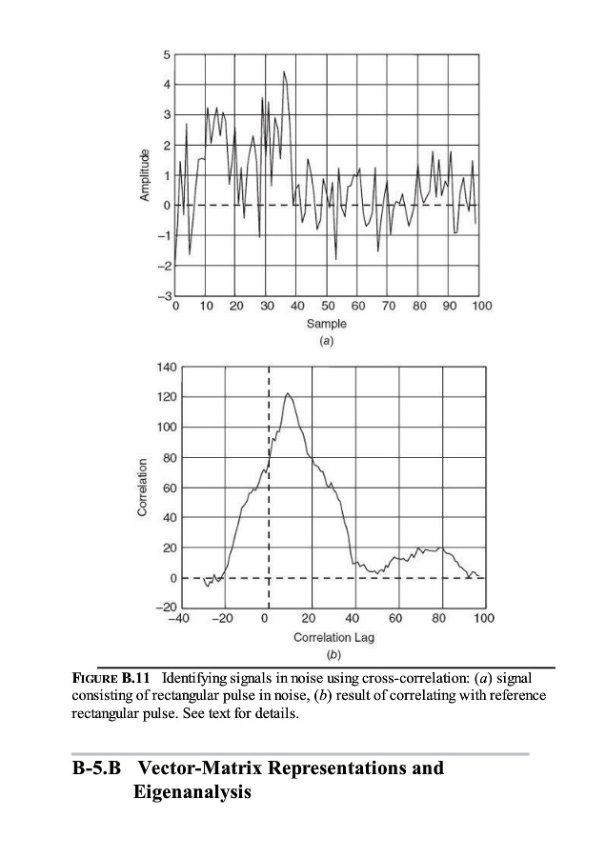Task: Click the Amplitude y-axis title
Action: coord(145,176)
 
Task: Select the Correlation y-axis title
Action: coord(143,488)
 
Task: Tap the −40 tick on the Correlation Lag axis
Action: coord(178,619)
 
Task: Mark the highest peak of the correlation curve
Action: coord(288,393)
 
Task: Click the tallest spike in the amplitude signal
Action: coord(284,71)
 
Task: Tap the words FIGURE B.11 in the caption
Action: coord(114,679)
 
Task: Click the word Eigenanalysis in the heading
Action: coord(189,790)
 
